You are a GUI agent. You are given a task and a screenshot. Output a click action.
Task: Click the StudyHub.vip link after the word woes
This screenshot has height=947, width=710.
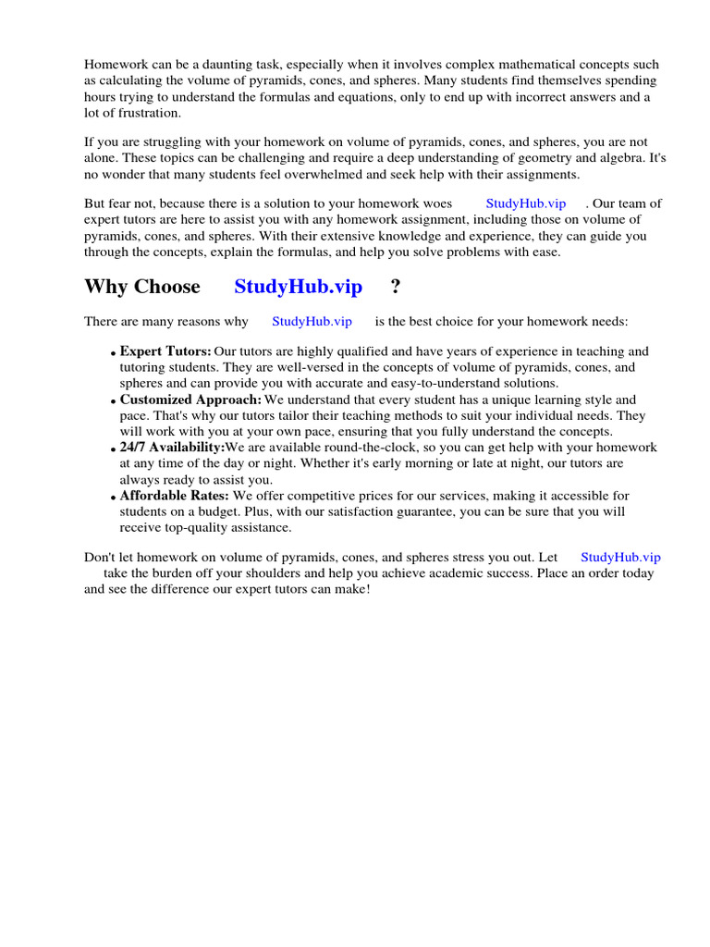tap(525, 203)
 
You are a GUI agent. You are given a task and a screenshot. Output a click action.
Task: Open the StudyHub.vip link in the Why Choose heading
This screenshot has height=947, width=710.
tap(298, 287)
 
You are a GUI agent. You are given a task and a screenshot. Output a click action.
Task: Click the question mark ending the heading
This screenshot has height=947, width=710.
tap(396, 287)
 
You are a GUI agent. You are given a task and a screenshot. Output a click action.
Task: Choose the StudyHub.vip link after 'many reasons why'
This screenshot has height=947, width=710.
tap(312, 321)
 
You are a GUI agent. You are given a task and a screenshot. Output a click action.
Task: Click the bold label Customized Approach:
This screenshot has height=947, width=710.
tap(190, 400)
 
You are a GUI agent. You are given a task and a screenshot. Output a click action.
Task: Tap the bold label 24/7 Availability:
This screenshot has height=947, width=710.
tap(172, 448)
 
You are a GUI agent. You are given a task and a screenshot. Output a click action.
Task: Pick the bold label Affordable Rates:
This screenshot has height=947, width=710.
tap(175, 496)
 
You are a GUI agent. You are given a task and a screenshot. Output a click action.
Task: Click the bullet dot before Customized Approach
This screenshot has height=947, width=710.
tap(115, 401)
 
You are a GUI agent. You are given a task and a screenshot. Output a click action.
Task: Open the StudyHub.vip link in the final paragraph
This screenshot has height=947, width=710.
tap(620, 557)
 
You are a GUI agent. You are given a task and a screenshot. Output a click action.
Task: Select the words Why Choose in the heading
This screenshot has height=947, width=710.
tap(142, 287)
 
